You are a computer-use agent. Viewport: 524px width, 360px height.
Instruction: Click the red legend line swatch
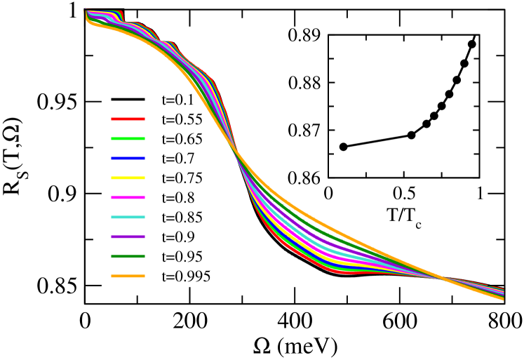(128, 119)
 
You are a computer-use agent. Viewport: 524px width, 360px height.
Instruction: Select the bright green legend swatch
(128, 138)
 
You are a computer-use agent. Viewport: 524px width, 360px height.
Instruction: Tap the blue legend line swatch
(128, 158)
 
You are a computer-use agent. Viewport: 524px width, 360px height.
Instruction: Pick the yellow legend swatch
(128, 178)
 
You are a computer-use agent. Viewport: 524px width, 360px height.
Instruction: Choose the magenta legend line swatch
(128, 197)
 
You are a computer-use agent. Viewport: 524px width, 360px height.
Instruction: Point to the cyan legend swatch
(128, 217)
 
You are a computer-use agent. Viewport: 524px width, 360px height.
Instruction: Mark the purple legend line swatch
(128, 236)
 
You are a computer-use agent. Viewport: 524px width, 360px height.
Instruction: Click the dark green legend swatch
(128, 256)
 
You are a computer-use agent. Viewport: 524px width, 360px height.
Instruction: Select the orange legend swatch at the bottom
(128, 276)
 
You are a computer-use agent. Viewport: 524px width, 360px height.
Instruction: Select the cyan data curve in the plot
(330, 247)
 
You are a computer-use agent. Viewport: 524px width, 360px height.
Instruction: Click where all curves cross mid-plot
(234, 149)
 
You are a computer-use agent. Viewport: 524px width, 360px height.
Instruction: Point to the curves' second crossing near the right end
(443, 279)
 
